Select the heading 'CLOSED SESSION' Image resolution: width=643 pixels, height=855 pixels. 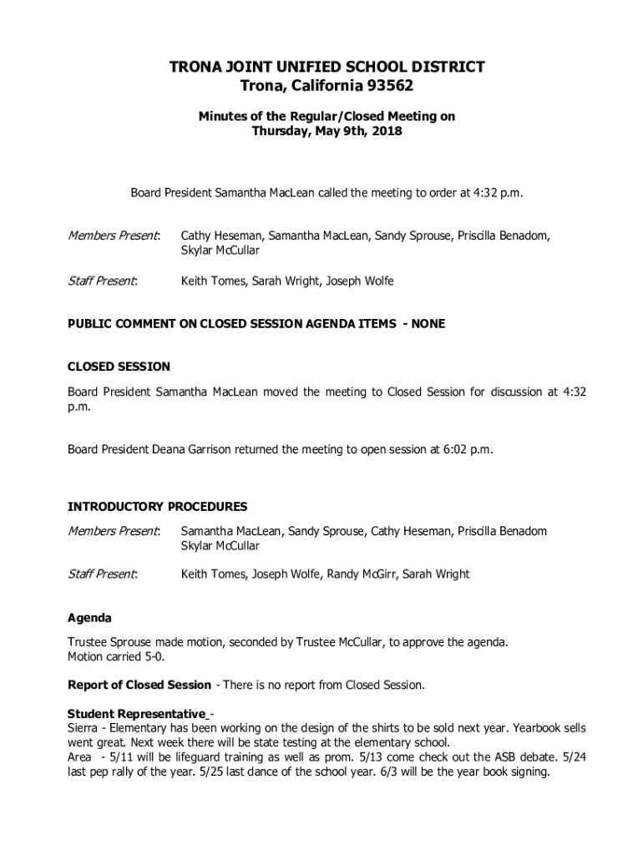point(119,367)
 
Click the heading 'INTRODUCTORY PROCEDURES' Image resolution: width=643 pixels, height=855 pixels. point(157,506)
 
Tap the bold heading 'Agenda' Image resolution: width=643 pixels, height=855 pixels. point(89,618)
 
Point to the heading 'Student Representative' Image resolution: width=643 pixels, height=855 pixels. point(136,714)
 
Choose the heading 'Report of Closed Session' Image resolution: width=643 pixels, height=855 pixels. point(139,685)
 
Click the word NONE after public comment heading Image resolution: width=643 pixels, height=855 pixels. point(428,324)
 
